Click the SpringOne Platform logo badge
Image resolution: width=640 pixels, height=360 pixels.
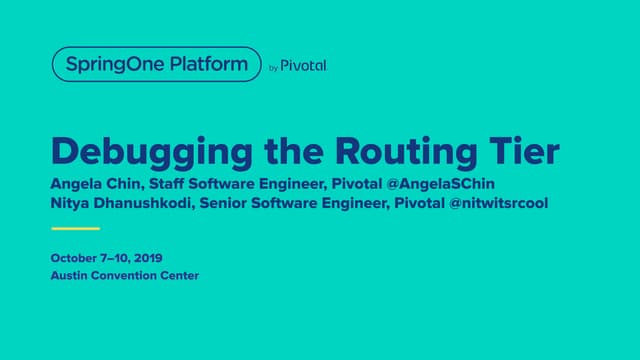tap(156, 66)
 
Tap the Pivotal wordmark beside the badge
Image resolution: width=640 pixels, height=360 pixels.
tap(304, 66)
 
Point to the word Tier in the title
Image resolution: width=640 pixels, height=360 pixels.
tap(529, 152)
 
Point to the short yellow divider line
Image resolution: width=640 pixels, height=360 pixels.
tap(75, 228)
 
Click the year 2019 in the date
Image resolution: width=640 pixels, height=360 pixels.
tap(146, 258)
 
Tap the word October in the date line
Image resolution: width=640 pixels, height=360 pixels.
tap(74, 258)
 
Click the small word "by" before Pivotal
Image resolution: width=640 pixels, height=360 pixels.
tap(274, 68)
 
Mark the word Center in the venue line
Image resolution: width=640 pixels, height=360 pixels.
tap(180, 276)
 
